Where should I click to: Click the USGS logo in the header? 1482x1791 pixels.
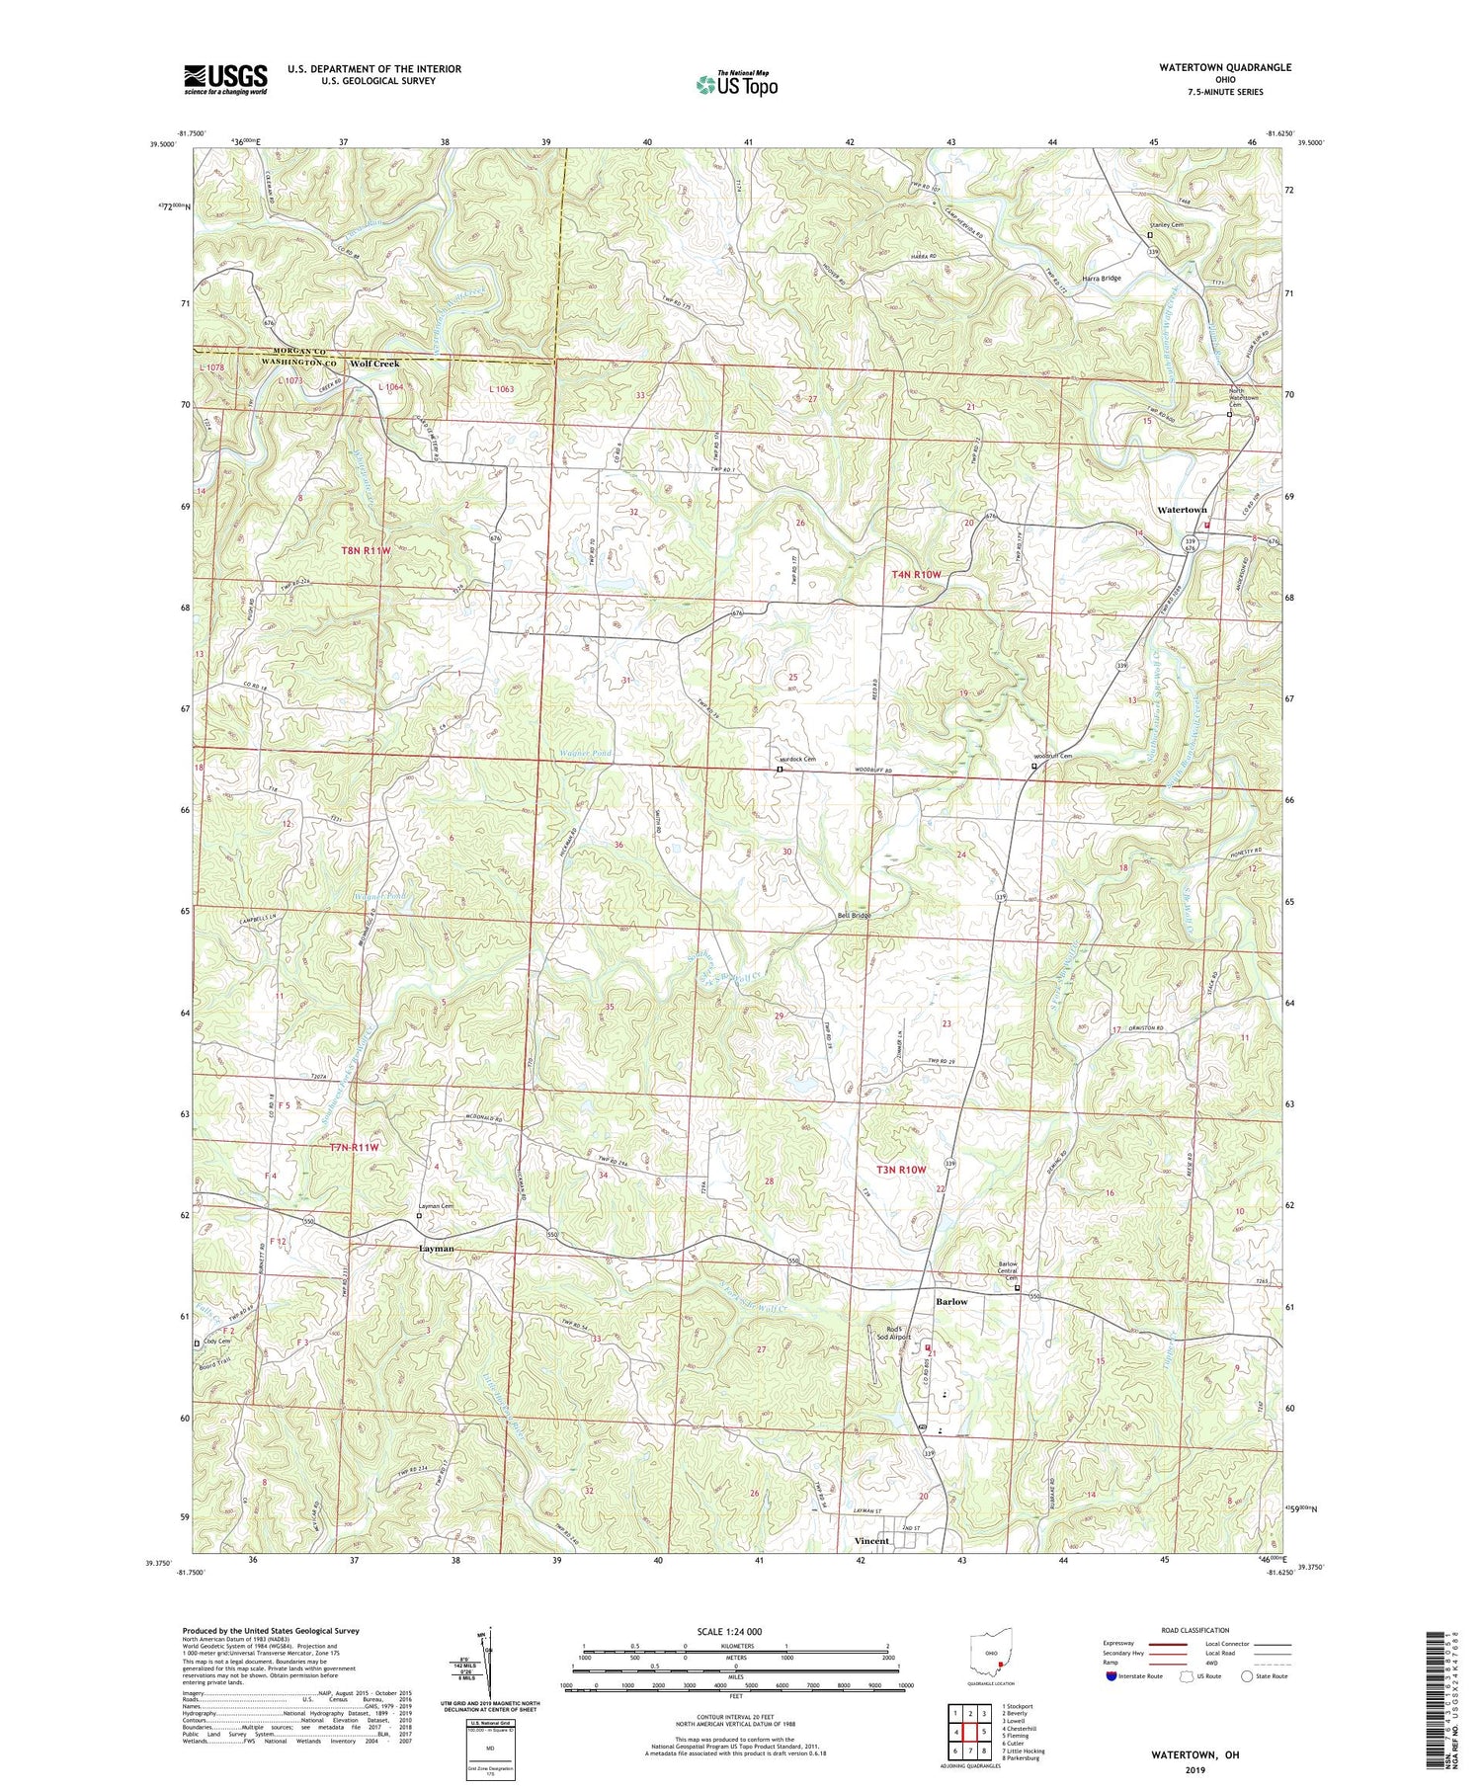click(x=225, y=79)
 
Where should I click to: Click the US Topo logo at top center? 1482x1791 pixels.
click(x=736, y=84)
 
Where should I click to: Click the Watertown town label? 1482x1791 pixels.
click(x=1182, y=510)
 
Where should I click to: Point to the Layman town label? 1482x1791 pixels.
click(x=437, y=1249)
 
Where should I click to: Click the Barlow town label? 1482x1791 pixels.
click(x=951, y=1302)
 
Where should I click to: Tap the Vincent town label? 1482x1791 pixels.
click(x=871, y=1541)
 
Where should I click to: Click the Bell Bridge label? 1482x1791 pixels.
click(x=854, y=916)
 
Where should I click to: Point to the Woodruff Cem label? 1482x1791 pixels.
click(x=1054, y=757)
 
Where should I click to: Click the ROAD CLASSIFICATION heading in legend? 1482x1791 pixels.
click(x=1195, y=1630)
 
